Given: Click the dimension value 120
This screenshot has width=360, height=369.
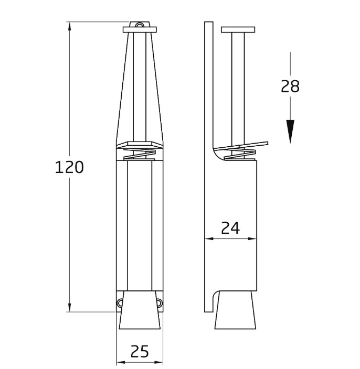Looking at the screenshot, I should tap(69, 167).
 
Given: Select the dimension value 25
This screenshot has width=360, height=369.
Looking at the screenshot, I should tap(139, 351).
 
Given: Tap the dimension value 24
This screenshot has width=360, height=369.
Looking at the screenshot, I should tap(230, 227).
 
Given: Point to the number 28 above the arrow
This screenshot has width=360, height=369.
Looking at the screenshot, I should tap(290, 86).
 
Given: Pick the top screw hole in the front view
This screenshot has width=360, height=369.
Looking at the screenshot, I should tap(139, 25).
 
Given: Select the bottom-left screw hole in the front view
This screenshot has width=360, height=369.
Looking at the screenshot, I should tap(120, 302).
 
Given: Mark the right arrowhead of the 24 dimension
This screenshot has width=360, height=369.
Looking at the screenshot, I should tap(254, 239).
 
